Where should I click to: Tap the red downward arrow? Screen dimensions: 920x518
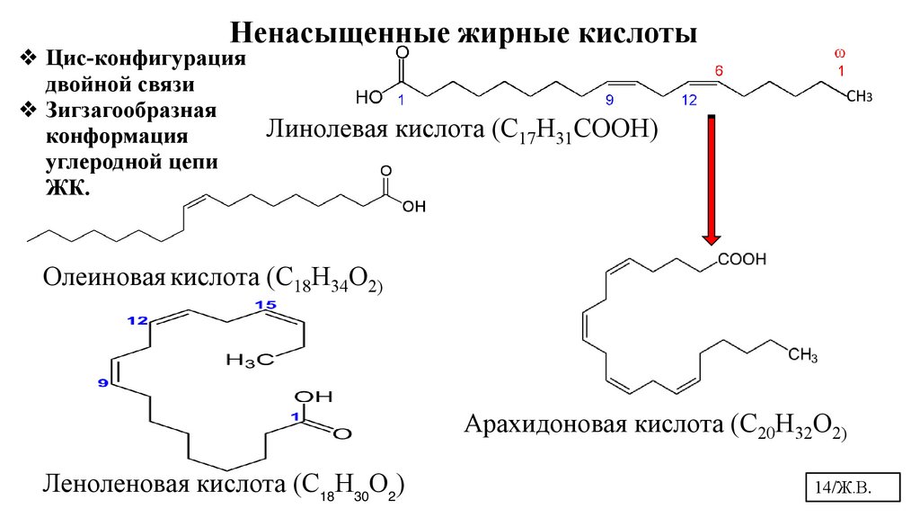coord(712,180)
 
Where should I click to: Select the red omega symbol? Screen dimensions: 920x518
coord(840,53)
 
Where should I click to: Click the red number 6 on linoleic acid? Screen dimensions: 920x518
coord(718,69)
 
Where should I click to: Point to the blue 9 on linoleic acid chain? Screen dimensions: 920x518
coord(609,101)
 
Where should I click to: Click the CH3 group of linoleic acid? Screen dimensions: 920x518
coord(860,95)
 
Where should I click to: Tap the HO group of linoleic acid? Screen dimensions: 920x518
coord(368,96)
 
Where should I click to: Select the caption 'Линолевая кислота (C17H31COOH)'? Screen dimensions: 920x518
coord(462,132)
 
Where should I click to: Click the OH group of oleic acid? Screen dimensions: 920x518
coord(411,206)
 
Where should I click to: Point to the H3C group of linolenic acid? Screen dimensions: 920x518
coord(249,361)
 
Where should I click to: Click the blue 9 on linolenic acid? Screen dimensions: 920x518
coord(102,384)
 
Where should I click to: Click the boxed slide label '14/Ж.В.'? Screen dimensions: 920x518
coord(844,487)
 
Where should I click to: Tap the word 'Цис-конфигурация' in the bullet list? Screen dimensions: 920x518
coord(145,59)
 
